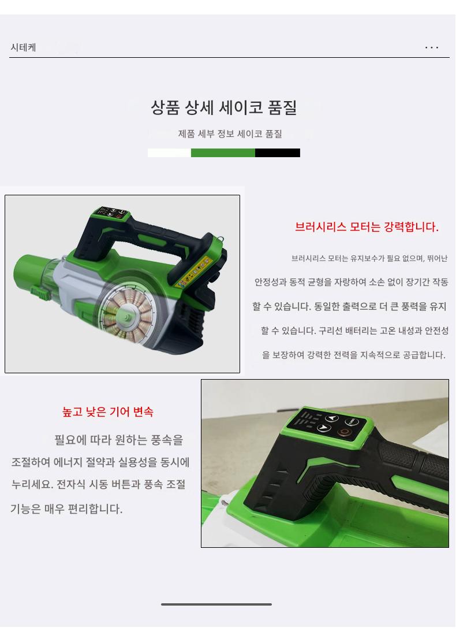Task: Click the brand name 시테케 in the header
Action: (x=23, y=47)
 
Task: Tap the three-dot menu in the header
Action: (x=431, y=47)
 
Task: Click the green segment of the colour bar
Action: (x=223, y=153)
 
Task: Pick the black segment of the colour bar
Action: (x=278, y=153)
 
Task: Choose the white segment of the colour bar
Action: (x=169, y=153)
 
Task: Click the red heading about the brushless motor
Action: (x=367, y=227)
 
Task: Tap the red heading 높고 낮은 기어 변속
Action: (x=107, y=411)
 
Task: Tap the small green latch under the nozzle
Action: (x=38, y=294)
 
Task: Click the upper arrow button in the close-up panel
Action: (x=332, y=418)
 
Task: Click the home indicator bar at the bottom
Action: (x=216, y=604)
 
